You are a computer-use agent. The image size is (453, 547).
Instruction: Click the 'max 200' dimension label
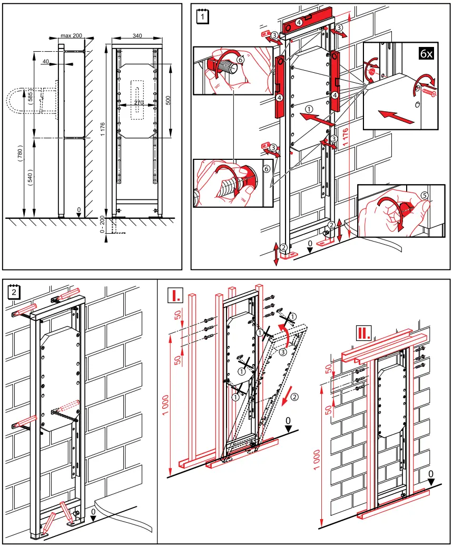71,35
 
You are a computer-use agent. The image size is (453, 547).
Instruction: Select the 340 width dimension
137,35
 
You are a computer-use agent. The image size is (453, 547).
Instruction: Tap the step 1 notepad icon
202,16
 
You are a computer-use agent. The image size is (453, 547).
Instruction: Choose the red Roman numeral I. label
174,295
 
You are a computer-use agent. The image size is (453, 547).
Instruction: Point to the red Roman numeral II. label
363,332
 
